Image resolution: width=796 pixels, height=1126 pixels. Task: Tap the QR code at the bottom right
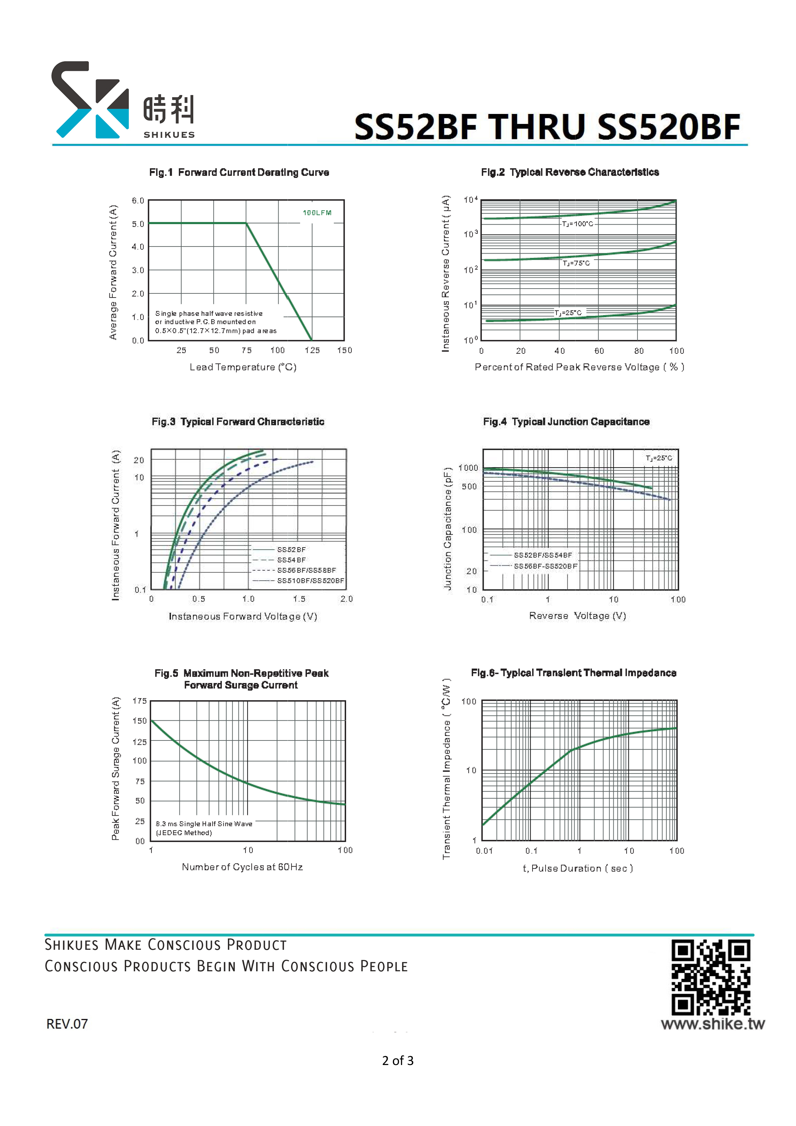click(711, 977)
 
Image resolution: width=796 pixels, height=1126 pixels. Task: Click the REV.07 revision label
click(67, 1024)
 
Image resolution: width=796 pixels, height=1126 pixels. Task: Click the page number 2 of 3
click(398, 1061)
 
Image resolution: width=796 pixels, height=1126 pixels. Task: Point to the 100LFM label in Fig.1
click(317, 213)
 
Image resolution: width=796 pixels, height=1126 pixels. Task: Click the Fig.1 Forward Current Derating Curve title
click(239, 172)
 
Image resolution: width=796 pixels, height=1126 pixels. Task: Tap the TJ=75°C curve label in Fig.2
click(576, 263)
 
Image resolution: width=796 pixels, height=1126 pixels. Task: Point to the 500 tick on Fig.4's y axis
click(469, 487)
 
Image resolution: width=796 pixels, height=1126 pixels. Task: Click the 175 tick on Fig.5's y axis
click(139, 701)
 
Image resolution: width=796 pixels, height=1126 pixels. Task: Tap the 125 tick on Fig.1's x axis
click(312, 350)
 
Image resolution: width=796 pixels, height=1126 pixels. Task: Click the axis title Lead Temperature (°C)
click(243, 367)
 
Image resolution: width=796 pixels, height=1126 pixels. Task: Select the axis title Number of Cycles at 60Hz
click(242, 867)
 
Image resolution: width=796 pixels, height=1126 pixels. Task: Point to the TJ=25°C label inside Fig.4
click(659, 458)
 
